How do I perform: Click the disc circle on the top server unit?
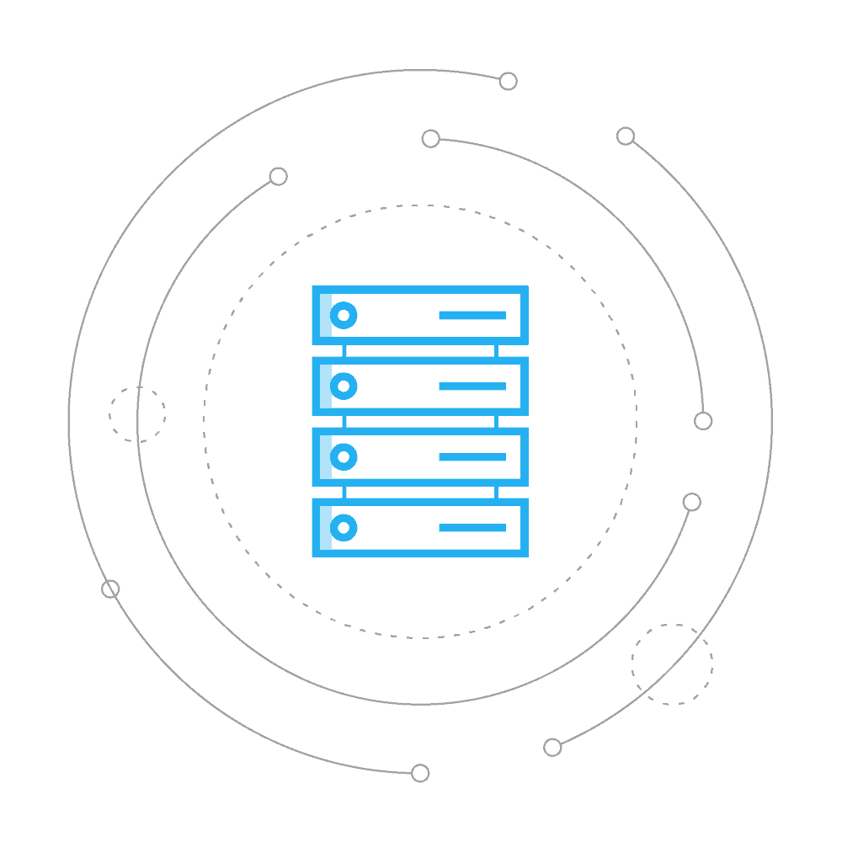tap(343, 316)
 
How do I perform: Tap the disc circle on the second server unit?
tap(343, 386)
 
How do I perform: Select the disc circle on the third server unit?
tap(343, 457)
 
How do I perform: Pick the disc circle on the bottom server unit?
tap(343, 528)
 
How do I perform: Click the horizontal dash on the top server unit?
tap(472, 316)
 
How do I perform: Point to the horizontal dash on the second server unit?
tap(472, 386)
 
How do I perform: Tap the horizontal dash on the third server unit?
tap(472, 457)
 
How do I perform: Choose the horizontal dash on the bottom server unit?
tap(472, 528)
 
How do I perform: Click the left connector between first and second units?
tap(344, 350)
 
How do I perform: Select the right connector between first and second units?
tap(496, 350)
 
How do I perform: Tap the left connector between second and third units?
tap(344, 421)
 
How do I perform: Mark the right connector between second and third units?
tap(496, 421)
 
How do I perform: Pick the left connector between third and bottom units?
tap(344, 492)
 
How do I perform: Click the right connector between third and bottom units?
tap(496, 492)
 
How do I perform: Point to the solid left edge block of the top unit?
tap(321, 316)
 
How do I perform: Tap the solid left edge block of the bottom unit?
tap(321, 528)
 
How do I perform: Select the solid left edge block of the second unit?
tap(321, 386)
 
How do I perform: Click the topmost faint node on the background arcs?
tap(508, 82)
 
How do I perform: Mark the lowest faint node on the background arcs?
tap(421, 772)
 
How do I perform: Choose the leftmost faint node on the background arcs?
tap(109, 589)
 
